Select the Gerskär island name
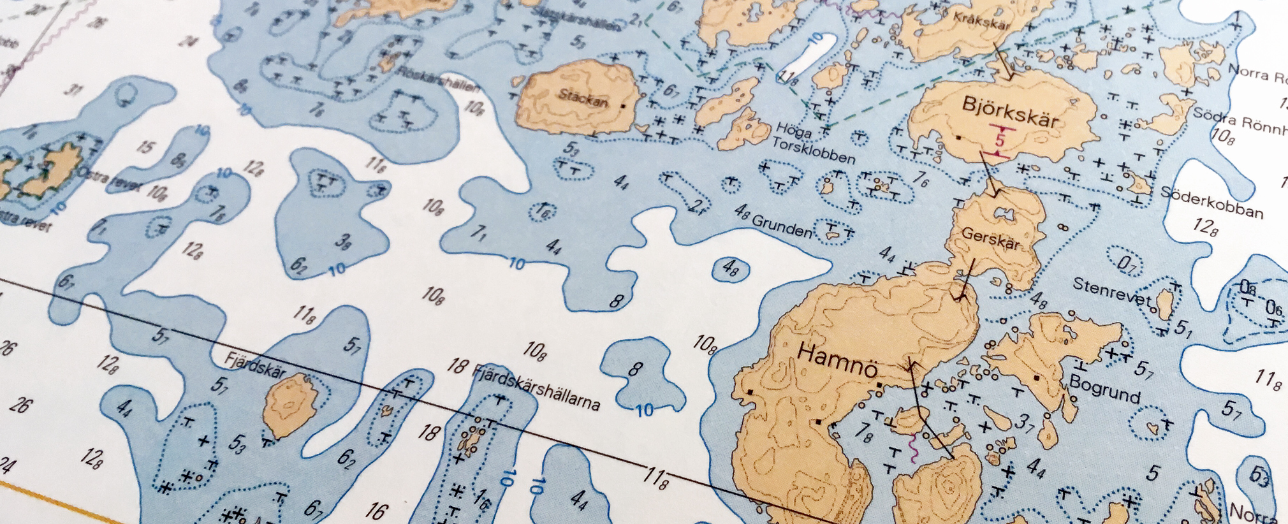[990, 238]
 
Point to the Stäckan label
[583, 98]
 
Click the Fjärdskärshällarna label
[535, 385]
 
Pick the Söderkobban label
[1211, 202]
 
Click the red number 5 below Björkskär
[999, 138]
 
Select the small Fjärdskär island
[291, 404]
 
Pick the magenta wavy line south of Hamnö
[913, 446]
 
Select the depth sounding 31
[75, 89]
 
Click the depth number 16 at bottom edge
[376, 511]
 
